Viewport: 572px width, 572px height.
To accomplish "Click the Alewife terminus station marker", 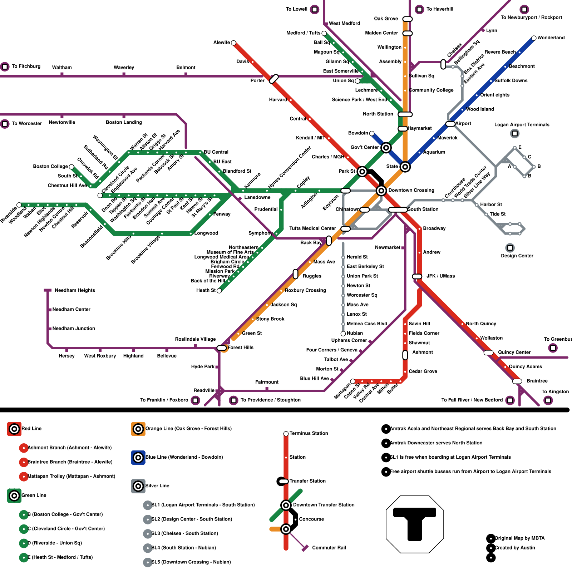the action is pyautogui.click(x=233, y=43).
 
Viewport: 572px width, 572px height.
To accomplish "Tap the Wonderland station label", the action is pyautogui.click(x=551, y=38).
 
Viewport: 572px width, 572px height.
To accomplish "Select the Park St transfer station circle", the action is pyautogui.click(x=362, y=172).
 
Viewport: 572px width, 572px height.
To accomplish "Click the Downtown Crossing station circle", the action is pyautogui.click(x=381, y=191).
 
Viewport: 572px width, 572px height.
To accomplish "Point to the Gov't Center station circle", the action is pyautogui.click(x=386, y=148).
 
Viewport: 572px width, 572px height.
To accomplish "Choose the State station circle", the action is pyautogui.click(x=405, y=167).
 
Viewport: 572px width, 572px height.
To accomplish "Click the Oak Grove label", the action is pyautogui.click(x=386, y=19).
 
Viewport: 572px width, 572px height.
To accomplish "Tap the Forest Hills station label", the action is pyautogui.click(x=240, y=347).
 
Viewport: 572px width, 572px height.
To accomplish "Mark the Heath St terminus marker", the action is pyautogui.click(x=219, y=291).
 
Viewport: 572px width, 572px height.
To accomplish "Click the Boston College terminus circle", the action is pyautogui.click(x=71, y=167).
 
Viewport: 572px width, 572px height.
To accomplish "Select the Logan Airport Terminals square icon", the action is pyautogui.click(x=515, y=133).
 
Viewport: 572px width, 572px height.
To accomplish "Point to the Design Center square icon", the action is pyautogui.click(x=510, y=248).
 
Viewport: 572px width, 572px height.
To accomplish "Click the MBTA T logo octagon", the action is pyautogui.click(x=415, y=524).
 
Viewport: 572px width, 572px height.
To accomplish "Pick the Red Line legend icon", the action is pyautogui.click(x=14, y=429).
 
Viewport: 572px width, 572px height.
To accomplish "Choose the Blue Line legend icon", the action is pyautogui.click(x=138, y=457).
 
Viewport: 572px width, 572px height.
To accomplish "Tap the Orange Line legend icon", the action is pyautogui.click(x=138, y=429).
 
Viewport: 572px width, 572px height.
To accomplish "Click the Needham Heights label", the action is pyautogui.click(x=75, y=290).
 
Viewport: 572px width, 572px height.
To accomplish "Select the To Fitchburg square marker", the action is pyautogui.click(x=5, y=66).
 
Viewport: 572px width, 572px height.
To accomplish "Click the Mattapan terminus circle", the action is pyautogui.click(x=353, y=381).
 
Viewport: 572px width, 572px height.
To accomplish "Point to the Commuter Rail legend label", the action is pyautogui.click(x=329, y=548).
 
